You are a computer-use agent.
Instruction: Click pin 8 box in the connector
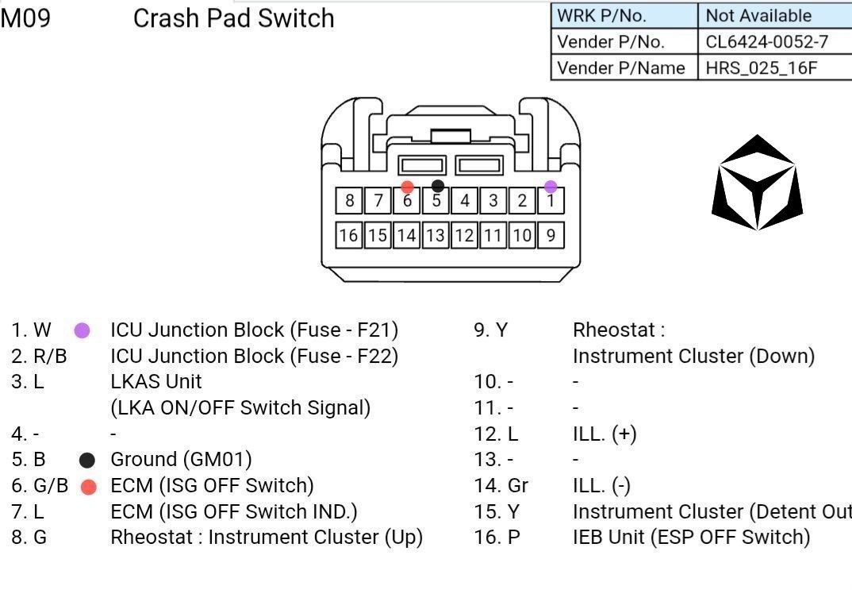pyautogui.click(x=349, y=200)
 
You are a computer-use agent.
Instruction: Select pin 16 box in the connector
pyautogui.click(x=349, y=234)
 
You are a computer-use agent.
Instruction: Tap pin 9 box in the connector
pyautogui.click(x=551, y=234)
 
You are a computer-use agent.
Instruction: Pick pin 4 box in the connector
pyautogui.click(x=465, y=200)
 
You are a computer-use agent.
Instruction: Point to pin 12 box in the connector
pyautogui.click(x=465, y=234)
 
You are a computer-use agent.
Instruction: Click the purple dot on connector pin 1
pyautogui.click(x=551, y=187)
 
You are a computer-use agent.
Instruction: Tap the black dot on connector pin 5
pyautogui.click(x=438, y=187)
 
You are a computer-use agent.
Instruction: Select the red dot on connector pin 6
pyautogui.click(x=407, y=187)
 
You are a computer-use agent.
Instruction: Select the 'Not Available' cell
pyautogui.click(x=758, y=15)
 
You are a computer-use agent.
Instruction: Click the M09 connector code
pyautogui.click(x=25, y=17)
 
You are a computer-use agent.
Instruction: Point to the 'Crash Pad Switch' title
pyautogui.click(x=233, y=17)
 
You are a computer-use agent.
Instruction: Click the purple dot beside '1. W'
pyautogui.click(x=82, y=330)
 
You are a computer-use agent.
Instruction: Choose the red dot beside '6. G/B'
pyautogui.click(x=89, y=486)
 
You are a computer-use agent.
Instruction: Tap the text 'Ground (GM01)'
pyautogui.click(x=181, y=459)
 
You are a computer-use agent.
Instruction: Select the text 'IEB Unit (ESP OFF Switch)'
pyautogui.click(x=691, y=537)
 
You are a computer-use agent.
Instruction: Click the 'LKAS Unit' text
pyautogui.click(x=155, y=381)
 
